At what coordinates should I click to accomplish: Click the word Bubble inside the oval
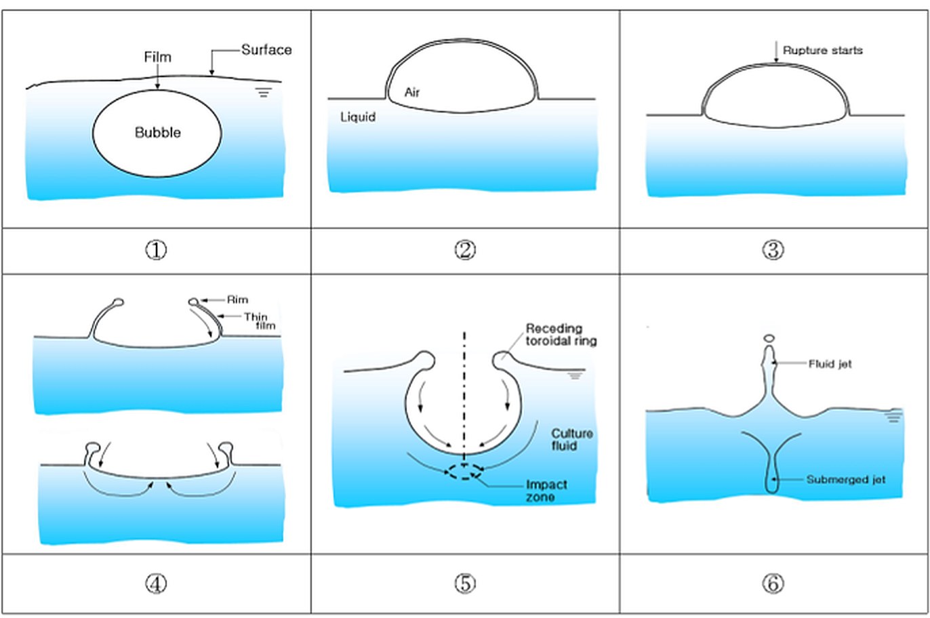coord(158,132)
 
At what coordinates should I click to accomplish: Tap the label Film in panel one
coord(157,57)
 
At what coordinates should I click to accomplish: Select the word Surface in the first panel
coord(266,49)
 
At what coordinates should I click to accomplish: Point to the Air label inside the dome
coord(412,92)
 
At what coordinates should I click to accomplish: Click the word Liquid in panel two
coord(358,117)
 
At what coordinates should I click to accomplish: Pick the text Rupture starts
coord(822,50)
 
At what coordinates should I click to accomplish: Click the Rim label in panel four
coord(237,300)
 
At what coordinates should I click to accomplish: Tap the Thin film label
coord(260,321)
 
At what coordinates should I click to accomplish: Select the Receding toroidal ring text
coord(561,335)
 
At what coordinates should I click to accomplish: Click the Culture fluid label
coord(571,440)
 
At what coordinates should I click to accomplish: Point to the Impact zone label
coord(546,491)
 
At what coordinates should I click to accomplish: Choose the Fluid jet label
coord(830,364)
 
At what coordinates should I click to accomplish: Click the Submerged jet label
coord(846,479)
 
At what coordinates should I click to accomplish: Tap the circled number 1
coord(156,250)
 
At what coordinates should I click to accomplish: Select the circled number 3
coord(773,250)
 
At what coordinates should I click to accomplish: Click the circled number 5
coord(464,583)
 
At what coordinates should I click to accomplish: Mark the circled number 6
coord(773,583)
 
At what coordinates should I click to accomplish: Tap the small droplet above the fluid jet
coord(769,338)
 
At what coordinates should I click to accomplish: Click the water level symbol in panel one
coord(264,93)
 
